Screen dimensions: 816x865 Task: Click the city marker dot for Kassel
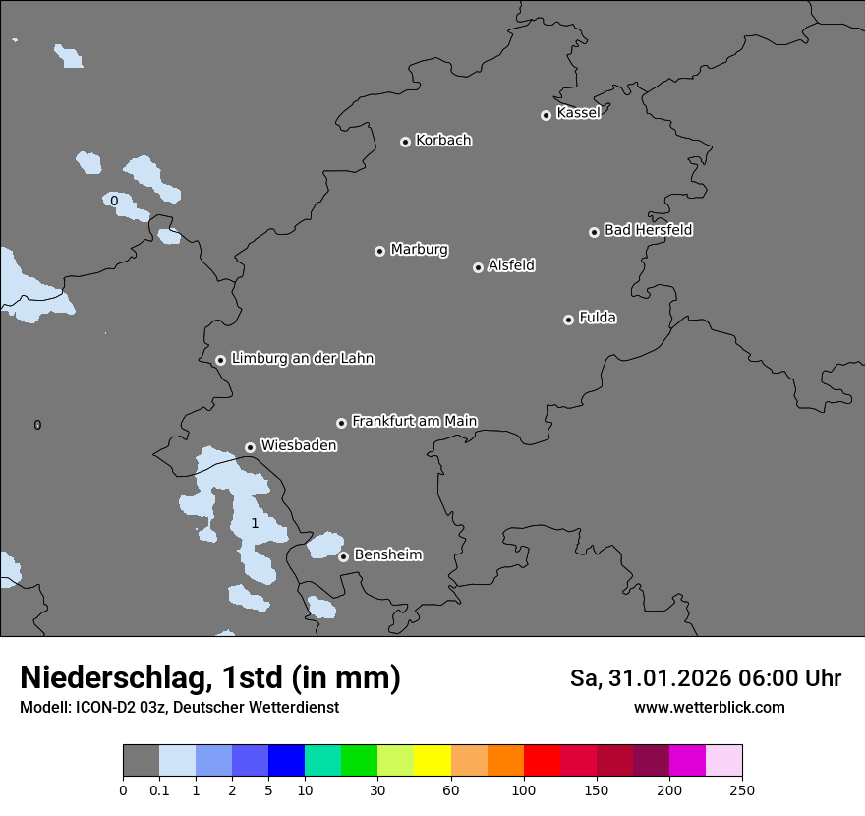coord(546,115)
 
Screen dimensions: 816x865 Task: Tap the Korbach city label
coord(443,140)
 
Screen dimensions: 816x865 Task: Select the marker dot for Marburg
coord(379,251)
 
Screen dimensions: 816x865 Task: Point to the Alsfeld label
coord(511,265)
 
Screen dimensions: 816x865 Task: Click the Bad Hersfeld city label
coord(648,230)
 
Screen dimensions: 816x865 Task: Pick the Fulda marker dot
coord(568,320)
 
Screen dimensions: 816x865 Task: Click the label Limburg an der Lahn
coord(302,358)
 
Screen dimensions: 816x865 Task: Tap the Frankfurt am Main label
coord(414,421)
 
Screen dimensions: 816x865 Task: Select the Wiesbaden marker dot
coord(251,447)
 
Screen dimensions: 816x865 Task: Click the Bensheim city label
coord(387,554)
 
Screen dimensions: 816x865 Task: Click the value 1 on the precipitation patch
coord(255,523)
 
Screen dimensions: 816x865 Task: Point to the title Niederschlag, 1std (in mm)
coord(209,677)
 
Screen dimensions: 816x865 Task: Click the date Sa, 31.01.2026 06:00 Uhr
coord(705,678)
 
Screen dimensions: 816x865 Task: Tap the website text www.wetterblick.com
coord(709,707)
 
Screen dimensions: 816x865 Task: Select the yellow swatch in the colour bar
coord(432,761)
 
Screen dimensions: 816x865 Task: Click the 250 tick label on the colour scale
coord(742,789)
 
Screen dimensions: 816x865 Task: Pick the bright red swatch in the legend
coord(542,761)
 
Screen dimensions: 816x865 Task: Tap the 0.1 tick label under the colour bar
coord(159,789)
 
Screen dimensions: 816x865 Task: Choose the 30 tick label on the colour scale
coord(377,789)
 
